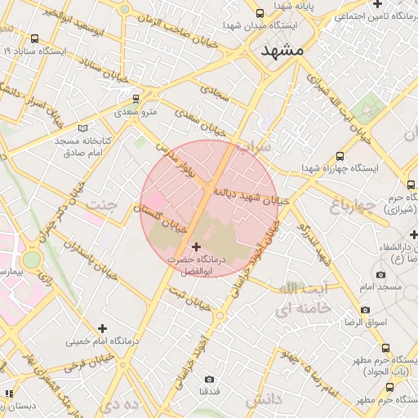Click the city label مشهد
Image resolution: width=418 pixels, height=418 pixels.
[x=282, y=50]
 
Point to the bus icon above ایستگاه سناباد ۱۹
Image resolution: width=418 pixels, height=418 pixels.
[x=34, y=38]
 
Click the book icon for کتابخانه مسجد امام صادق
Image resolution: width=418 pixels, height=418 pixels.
[x=82, y=128]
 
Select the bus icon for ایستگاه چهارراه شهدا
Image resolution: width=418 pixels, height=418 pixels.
[x=340, y=156]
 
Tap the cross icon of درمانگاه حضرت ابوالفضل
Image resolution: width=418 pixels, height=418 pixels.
[x=195, y=246]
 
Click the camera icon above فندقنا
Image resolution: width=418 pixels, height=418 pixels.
[x=209, y=380]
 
